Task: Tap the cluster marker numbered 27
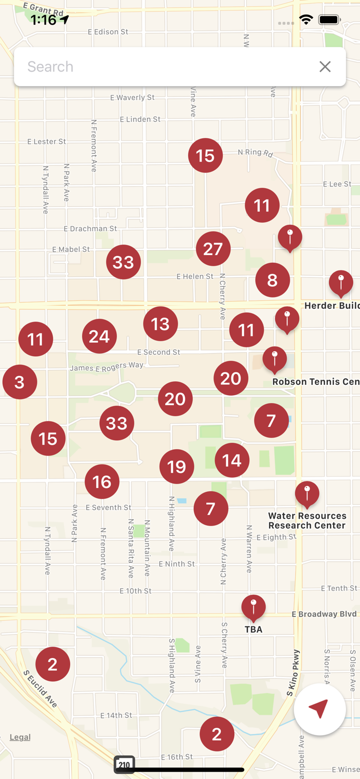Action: pyautogui.click(x=213, y=249)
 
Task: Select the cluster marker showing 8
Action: pyautogui.click(x=272, y=280)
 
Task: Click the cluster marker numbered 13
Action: pyautogui.click(x=161, y=324)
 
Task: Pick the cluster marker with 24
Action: pyautogui.click(x=99, y=337)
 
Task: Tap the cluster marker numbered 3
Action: pyautogui.click(x=20, y=382)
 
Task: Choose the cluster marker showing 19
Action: pyautogui.click(x=177, y=466)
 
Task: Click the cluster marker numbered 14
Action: pyautogui.click(x=232, y=460)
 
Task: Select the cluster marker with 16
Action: pyautogui.click(x=102, y=482)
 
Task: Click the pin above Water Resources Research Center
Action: pyautogui.click(x=307, y=494)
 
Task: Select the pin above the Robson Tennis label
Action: pyautogui.click(x=275, y=359)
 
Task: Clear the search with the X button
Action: pyautogui.click(x=325, y=66)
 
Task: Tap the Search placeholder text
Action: pyautogui.click(x=50, y=66)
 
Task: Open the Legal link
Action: pyautogui.click(x=20, y=737)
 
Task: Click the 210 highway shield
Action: pyautogui.click(x=124, y=764)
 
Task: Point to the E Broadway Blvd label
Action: pyautogui.click(x=324, y=614)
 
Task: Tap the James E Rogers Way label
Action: pyautogui.click(x=106, y=367)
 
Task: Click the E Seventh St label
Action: pyautogui.click(x=108, y=507)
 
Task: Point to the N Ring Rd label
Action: pyautogui.click(x=255, y=152)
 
